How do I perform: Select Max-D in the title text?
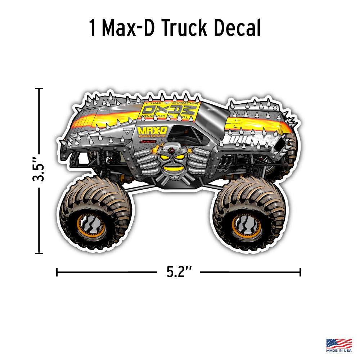click(x=129, y=28)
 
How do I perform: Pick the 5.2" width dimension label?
click(x=179, y=272)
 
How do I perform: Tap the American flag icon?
click(x=339, y=343)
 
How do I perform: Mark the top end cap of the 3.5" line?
click(x=39, y=89)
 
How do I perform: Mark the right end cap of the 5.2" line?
click(x=300, y=272)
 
